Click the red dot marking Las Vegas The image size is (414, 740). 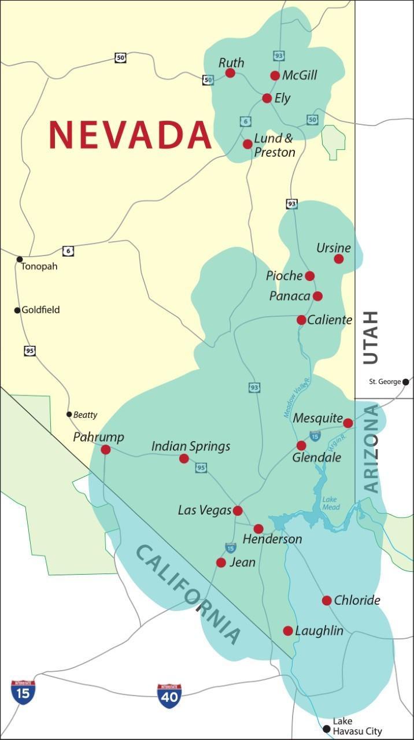237,510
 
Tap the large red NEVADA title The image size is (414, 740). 130,134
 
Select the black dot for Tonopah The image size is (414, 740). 20,259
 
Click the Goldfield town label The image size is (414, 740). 40,310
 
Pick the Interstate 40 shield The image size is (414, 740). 169,696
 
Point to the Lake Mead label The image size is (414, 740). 331,503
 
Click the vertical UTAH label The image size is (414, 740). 370,337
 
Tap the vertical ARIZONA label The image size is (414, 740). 372,449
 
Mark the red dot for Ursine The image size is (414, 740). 339,259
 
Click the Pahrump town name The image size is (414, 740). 98,437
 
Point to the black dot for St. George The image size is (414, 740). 406,382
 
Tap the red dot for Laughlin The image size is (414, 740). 288,631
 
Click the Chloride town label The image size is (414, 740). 357,600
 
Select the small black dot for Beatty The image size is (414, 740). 69,414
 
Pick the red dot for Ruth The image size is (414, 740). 230,73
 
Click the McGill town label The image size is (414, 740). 300,76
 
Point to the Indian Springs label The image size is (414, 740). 191,446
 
